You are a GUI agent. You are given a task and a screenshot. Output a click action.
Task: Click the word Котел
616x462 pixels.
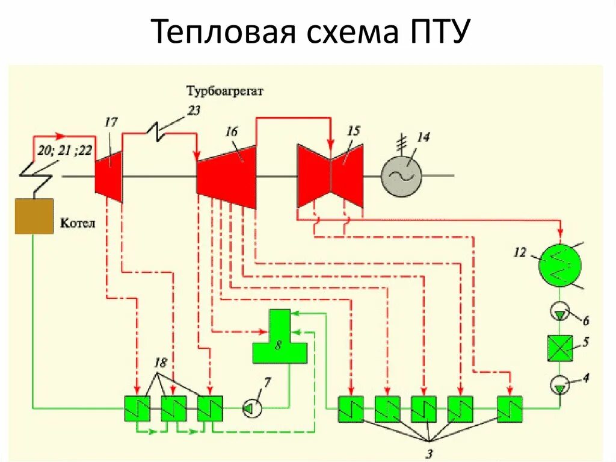pos(78,223)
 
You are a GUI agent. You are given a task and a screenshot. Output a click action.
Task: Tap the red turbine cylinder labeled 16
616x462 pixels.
pos(227,176)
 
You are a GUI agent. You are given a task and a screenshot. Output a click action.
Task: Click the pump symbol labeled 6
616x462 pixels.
pos(559,311)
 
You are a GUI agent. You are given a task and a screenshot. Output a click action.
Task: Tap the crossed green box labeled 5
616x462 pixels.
pos(560,348)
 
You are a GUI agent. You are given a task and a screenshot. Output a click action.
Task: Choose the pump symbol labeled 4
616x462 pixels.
pos(559,384)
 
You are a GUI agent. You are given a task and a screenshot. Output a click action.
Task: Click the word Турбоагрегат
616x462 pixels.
pos(225,92)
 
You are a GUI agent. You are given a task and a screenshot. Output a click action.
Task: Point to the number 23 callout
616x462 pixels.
pos(193,110)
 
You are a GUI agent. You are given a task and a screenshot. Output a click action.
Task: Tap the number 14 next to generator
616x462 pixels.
pos(423,137)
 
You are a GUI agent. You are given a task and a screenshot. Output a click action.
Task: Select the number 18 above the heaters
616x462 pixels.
pos(161,363)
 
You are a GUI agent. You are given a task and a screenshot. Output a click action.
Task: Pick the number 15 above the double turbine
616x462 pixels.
pos(354,131)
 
